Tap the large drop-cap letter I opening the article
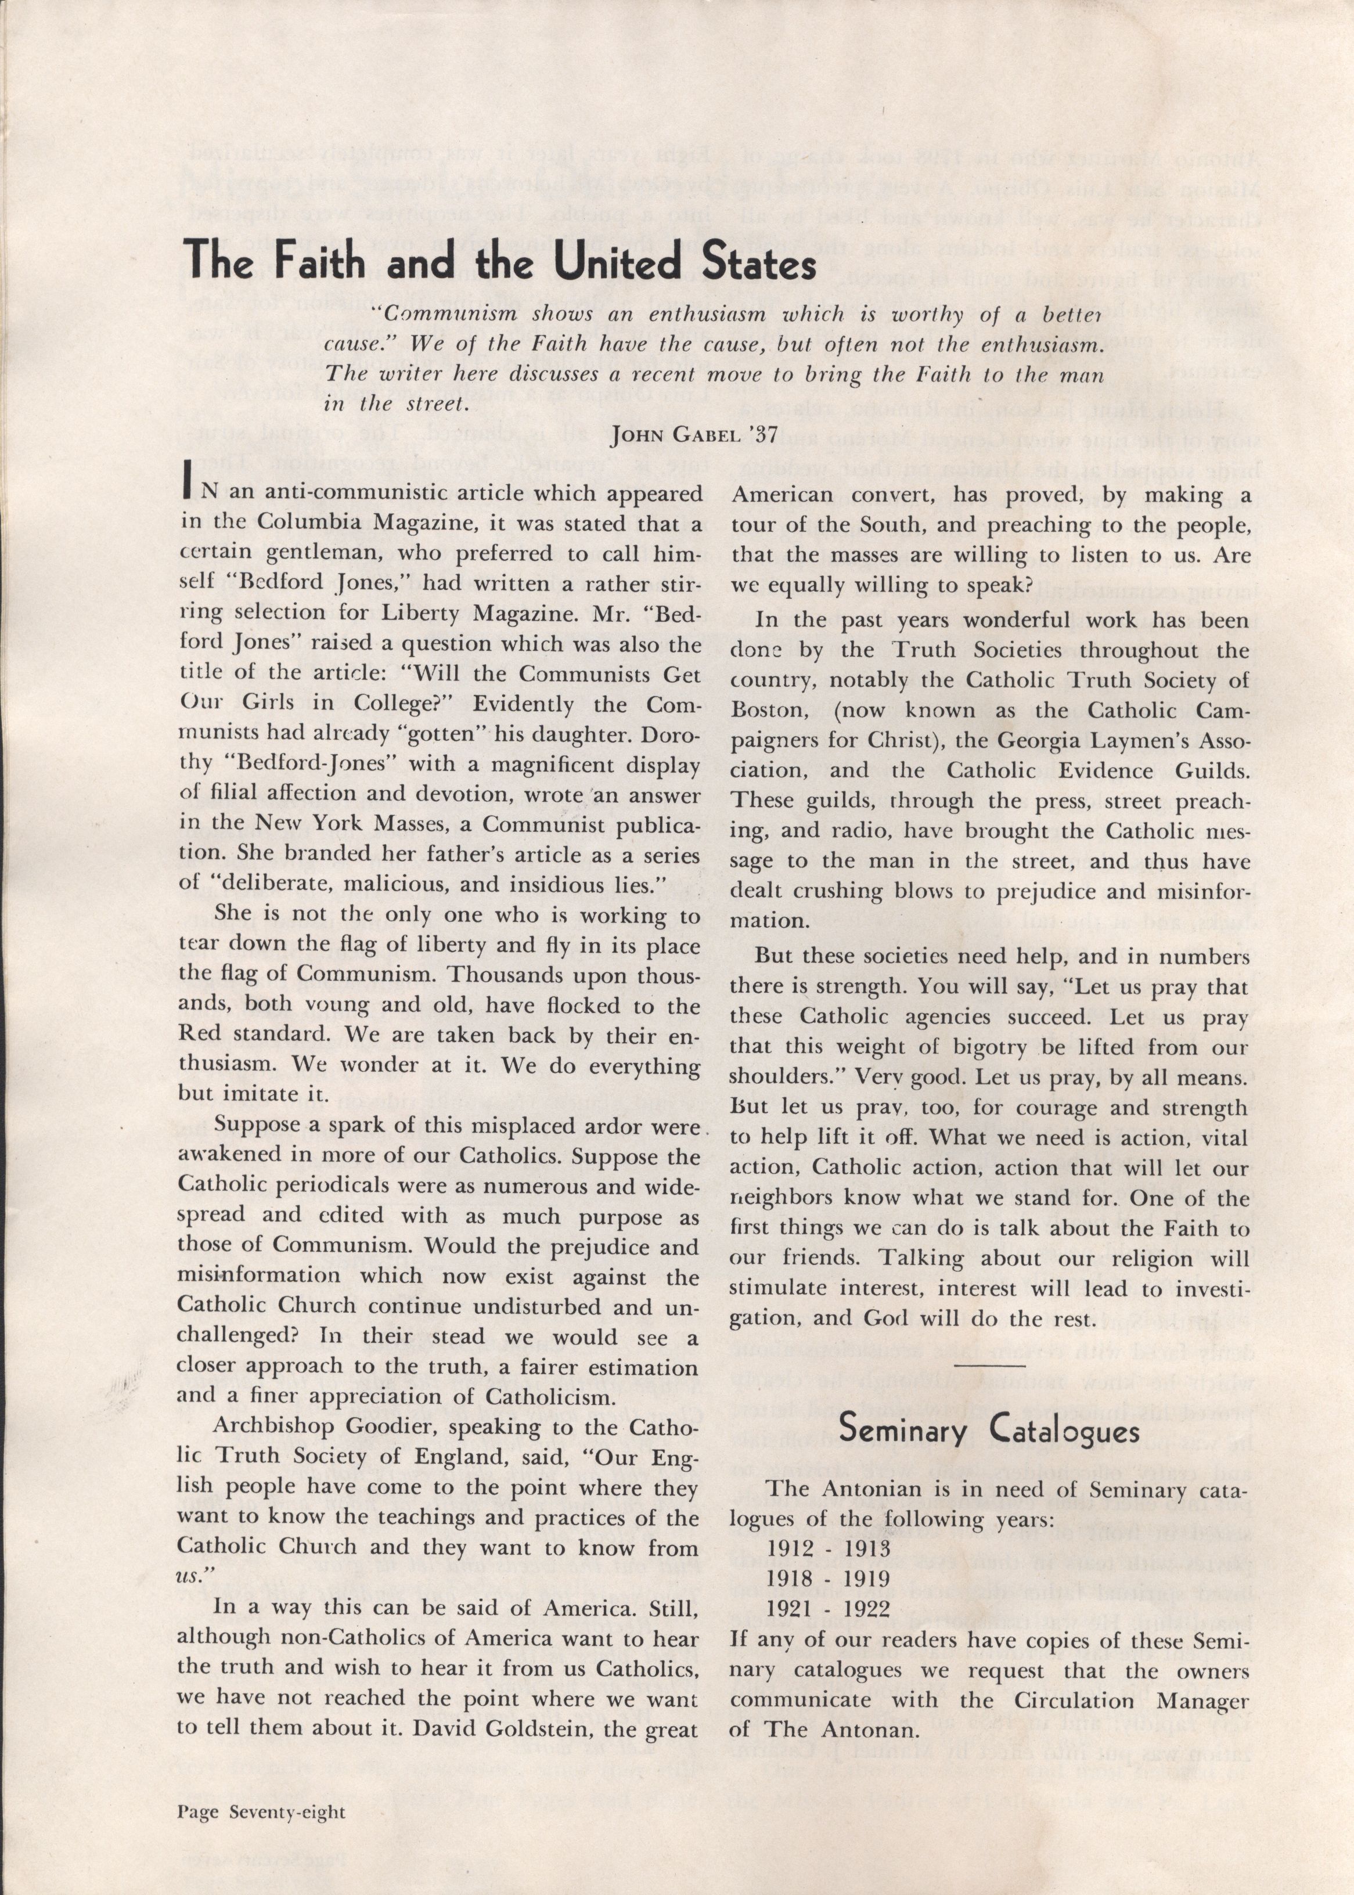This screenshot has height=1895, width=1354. [187, 493]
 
